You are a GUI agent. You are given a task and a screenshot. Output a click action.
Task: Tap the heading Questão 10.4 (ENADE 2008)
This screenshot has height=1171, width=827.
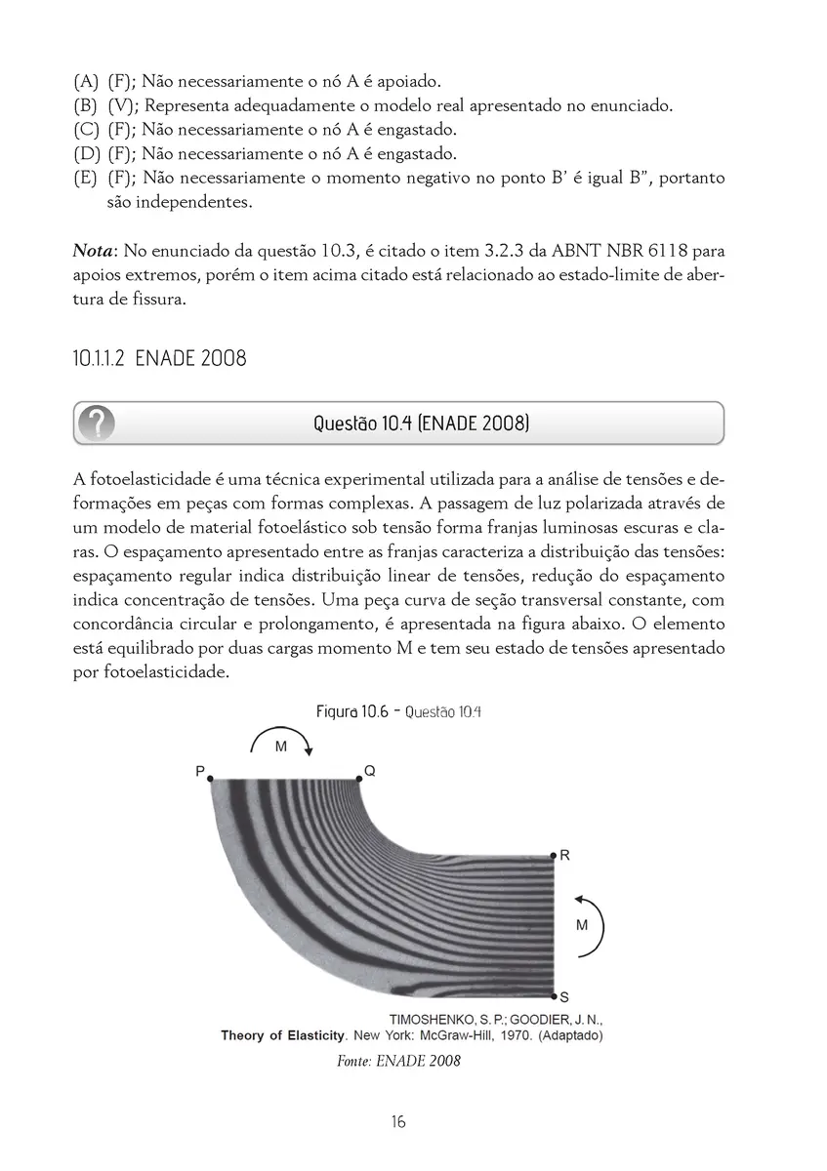tap(421, 424)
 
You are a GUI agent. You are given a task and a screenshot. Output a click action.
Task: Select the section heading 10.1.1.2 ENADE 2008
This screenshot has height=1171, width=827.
tap(159, 358)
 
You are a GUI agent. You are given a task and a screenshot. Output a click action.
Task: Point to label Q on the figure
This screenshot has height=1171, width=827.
tap(369, 771)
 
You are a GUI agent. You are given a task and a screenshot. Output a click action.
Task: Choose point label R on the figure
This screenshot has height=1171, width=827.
tap(564, 855)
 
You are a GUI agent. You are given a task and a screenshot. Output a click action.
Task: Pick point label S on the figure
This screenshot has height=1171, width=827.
tap(564, 996)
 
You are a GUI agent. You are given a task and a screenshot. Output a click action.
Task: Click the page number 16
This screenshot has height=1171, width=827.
tap(397, 1121)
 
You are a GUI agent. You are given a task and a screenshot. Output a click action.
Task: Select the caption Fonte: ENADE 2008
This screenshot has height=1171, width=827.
tap(398, 1061)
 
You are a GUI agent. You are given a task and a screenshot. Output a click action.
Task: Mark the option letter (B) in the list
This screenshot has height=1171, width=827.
tap(86, 105)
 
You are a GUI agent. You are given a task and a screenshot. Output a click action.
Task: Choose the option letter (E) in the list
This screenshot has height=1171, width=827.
tap(86, 179)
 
